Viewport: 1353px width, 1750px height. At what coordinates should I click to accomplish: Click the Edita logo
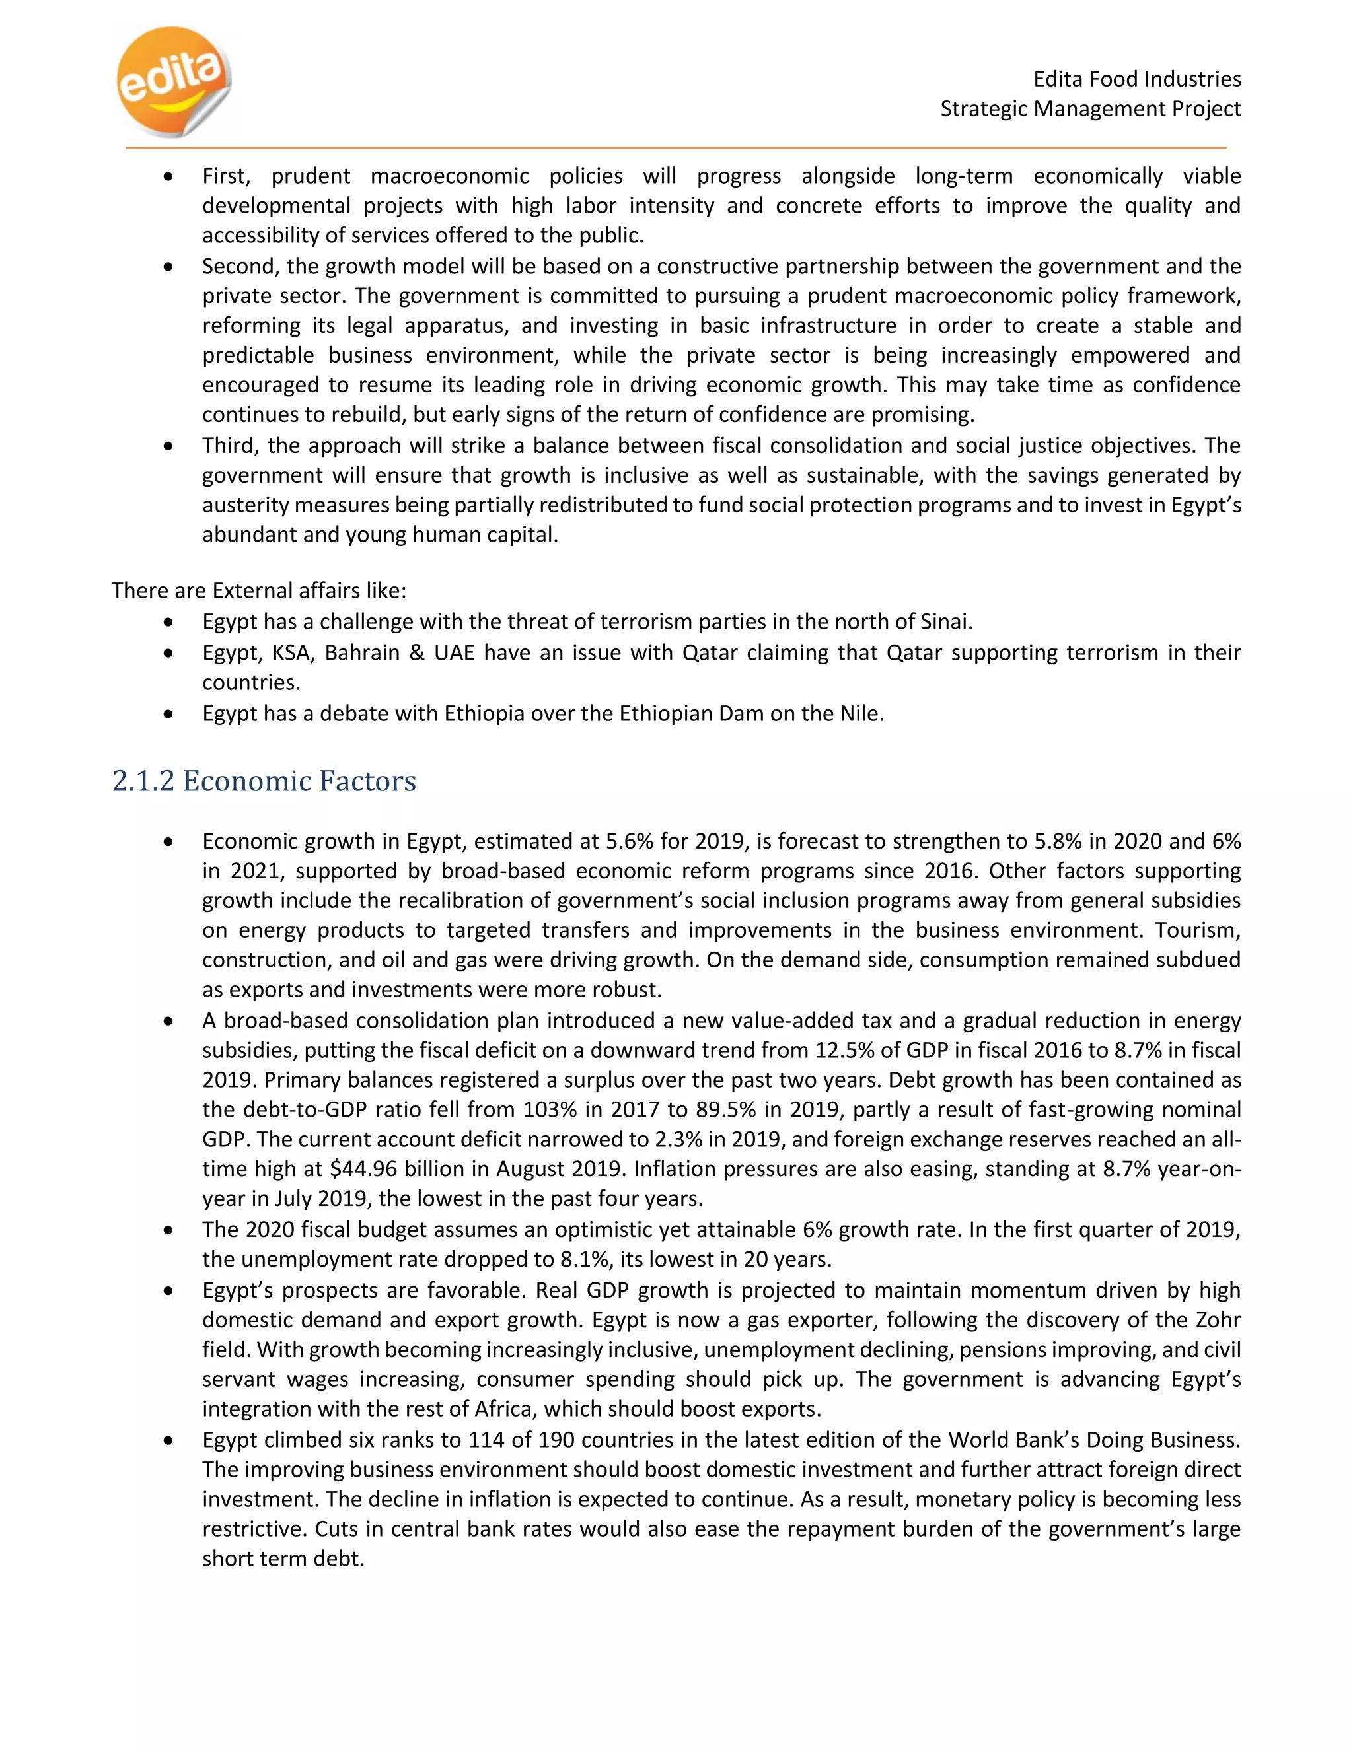point(173,80)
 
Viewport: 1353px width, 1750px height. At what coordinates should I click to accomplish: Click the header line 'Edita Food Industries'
point(1136,79)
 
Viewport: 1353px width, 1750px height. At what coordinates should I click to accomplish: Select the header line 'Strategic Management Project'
point(1090,108)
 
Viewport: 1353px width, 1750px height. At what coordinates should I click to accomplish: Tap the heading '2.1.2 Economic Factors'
point(264,781)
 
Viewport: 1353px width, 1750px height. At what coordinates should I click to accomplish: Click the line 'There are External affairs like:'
point(259,590)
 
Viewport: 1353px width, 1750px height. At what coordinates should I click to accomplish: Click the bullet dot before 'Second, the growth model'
point(168,267)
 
